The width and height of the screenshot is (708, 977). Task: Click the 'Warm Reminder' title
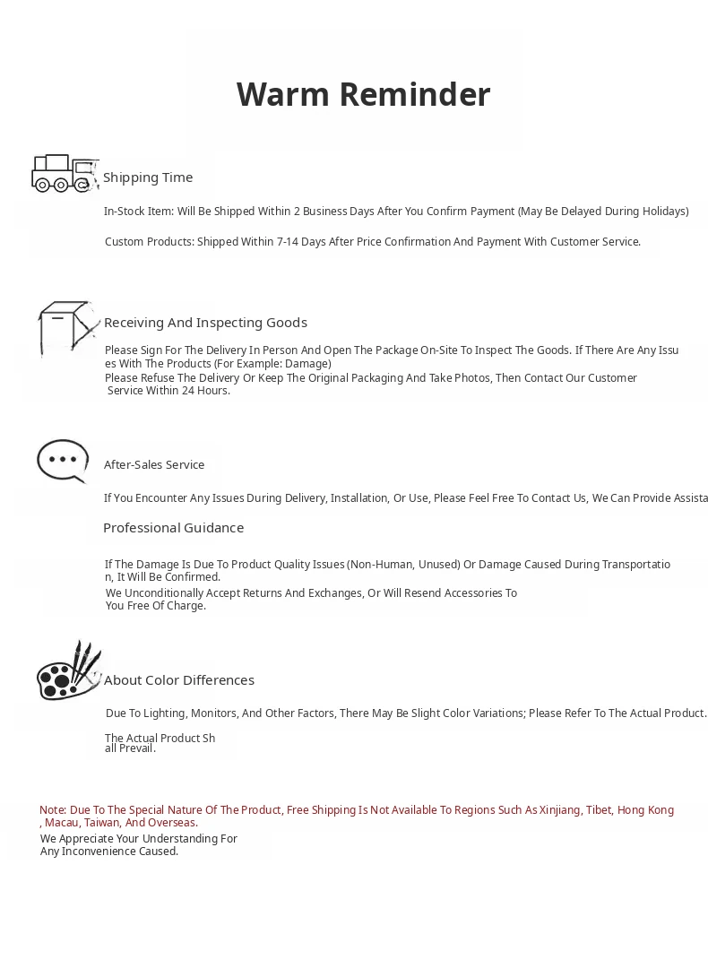363,94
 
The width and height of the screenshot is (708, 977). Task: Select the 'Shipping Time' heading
148,177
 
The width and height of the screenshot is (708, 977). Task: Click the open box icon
66,328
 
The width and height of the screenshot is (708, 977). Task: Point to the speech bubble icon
63,461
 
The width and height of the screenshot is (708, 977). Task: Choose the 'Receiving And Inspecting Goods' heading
205,323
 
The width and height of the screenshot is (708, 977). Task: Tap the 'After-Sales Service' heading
154,464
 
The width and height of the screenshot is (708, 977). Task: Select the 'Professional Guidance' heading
173,528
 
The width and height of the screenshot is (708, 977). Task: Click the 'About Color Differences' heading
179,680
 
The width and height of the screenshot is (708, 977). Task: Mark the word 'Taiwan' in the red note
102,823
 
